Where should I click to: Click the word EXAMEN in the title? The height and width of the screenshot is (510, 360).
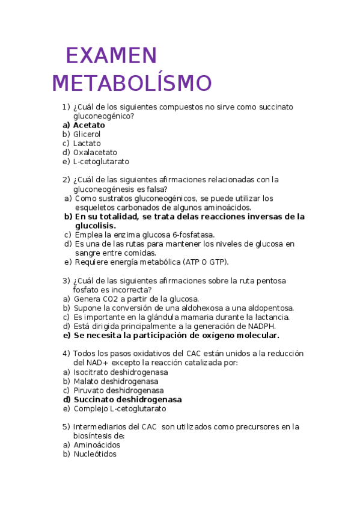click(111, 56)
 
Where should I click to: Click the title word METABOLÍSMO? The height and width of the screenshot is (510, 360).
click(132, 84)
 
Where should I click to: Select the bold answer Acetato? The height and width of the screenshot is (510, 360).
click(89, 125)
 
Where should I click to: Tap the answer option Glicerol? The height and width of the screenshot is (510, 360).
click(87, 134)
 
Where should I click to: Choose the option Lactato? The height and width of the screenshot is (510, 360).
click(87, 143)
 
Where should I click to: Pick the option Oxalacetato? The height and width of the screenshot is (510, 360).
click(95, 152)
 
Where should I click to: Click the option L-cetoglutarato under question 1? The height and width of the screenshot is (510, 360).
click(101, 161)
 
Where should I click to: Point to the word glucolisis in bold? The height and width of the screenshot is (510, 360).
click(94, 226)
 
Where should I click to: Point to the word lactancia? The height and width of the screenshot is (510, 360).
click(272, 317)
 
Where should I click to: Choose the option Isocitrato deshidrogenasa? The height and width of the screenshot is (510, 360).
click(121, 372)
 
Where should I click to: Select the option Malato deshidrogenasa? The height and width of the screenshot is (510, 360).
click(116, 381)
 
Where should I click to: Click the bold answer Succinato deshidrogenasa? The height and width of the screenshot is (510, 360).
click(127, 399)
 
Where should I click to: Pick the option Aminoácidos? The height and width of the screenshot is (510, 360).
click(97, 445)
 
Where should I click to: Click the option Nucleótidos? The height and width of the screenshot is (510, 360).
click(95, 454)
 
